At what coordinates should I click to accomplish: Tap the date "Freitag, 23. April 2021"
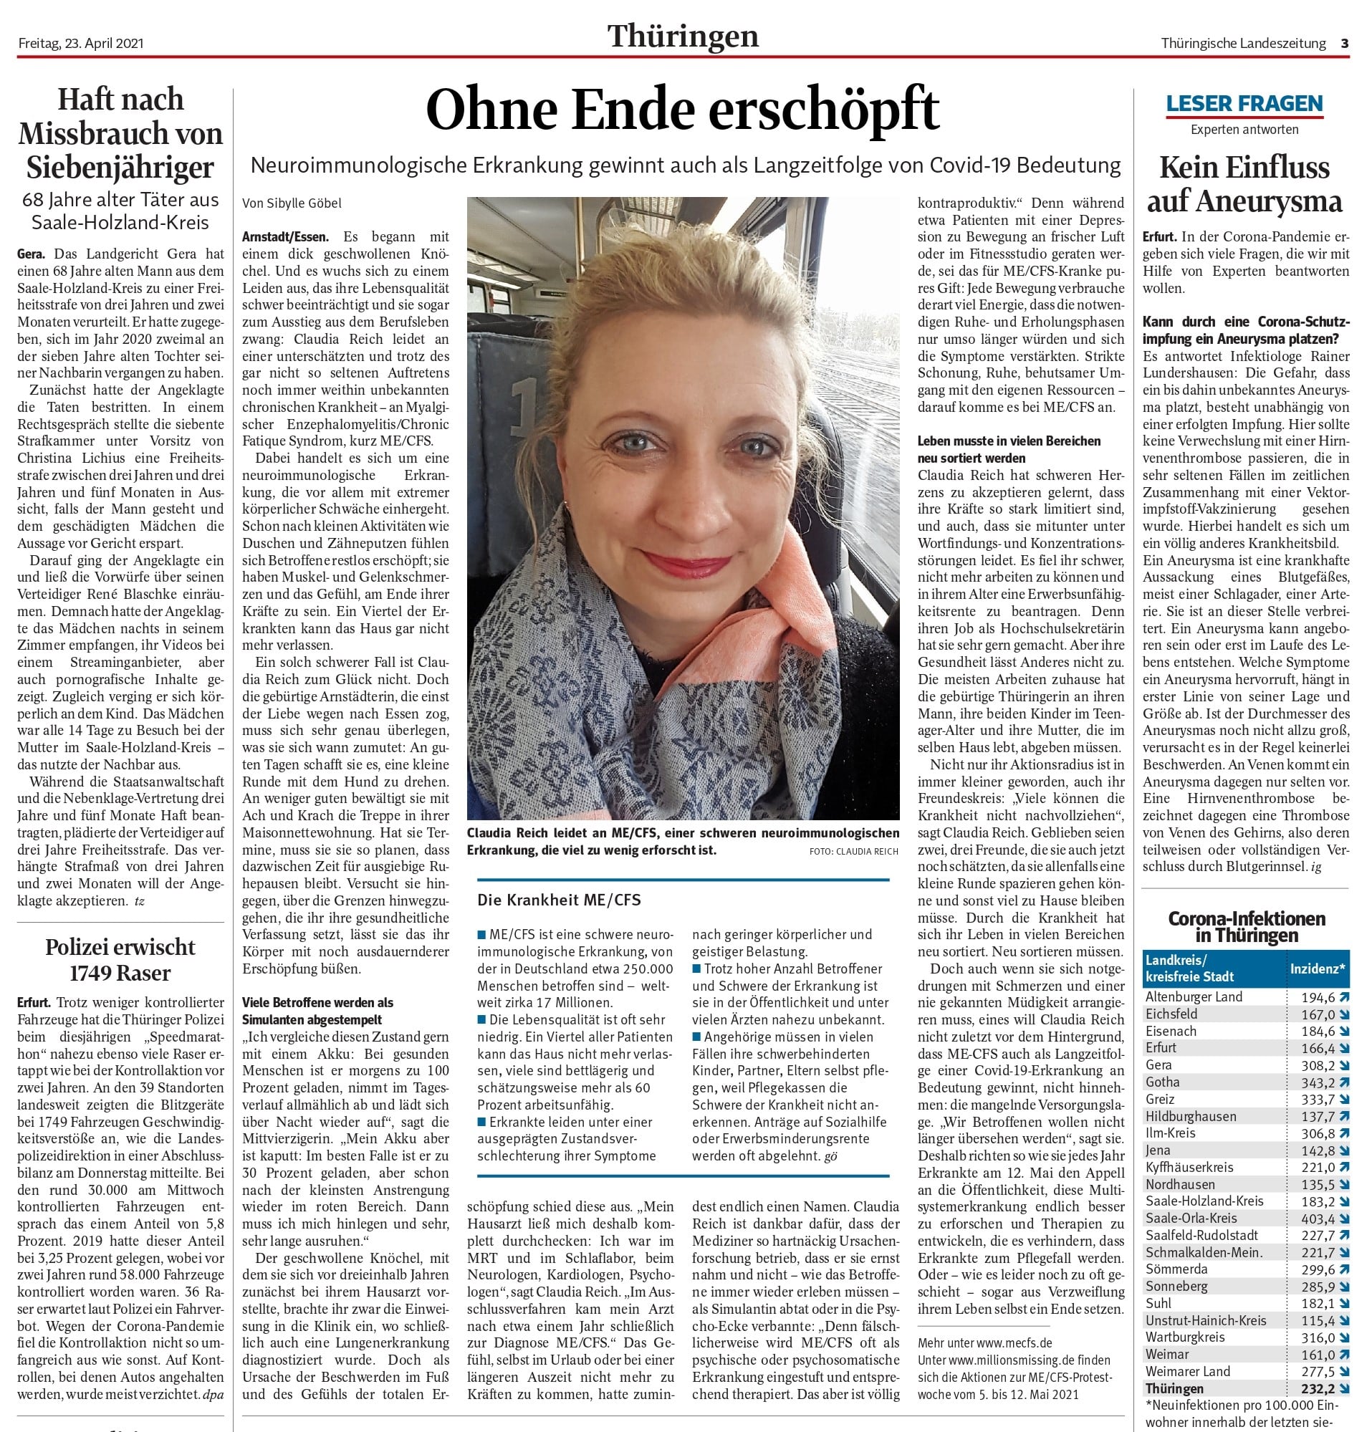pos(81,43)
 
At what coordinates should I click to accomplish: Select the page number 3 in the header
pos(1344,43)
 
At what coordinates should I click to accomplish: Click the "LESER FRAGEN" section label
pos(1244,104)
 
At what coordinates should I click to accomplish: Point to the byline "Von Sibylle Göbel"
pos(292,203)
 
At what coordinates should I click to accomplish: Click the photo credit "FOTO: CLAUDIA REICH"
pos(853,851)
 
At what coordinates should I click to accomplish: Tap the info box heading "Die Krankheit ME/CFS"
pos(559,900)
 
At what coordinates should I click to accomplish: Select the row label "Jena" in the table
pos(1158,1150)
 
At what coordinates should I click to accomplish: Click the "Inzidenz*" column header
pos(1318,969)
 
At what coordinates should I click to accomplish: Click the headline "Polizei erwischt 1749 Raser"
pos(120,960)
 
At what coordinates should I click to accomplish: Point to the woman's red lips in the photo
pos(696,562)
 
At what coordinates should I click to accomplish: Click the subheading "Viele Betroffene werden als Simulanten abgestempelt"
pos(317,1011)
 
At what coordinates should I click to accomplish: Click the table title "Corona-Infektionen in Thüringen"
pos(1246,926)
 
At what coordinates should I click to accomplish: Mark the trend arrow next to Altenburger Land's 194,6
pos(1343,997)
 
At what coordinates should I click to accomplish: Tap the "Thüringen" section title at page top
pos(683,37)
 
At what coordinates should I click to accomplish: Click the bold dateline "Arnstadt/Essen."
pos(286,237)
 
